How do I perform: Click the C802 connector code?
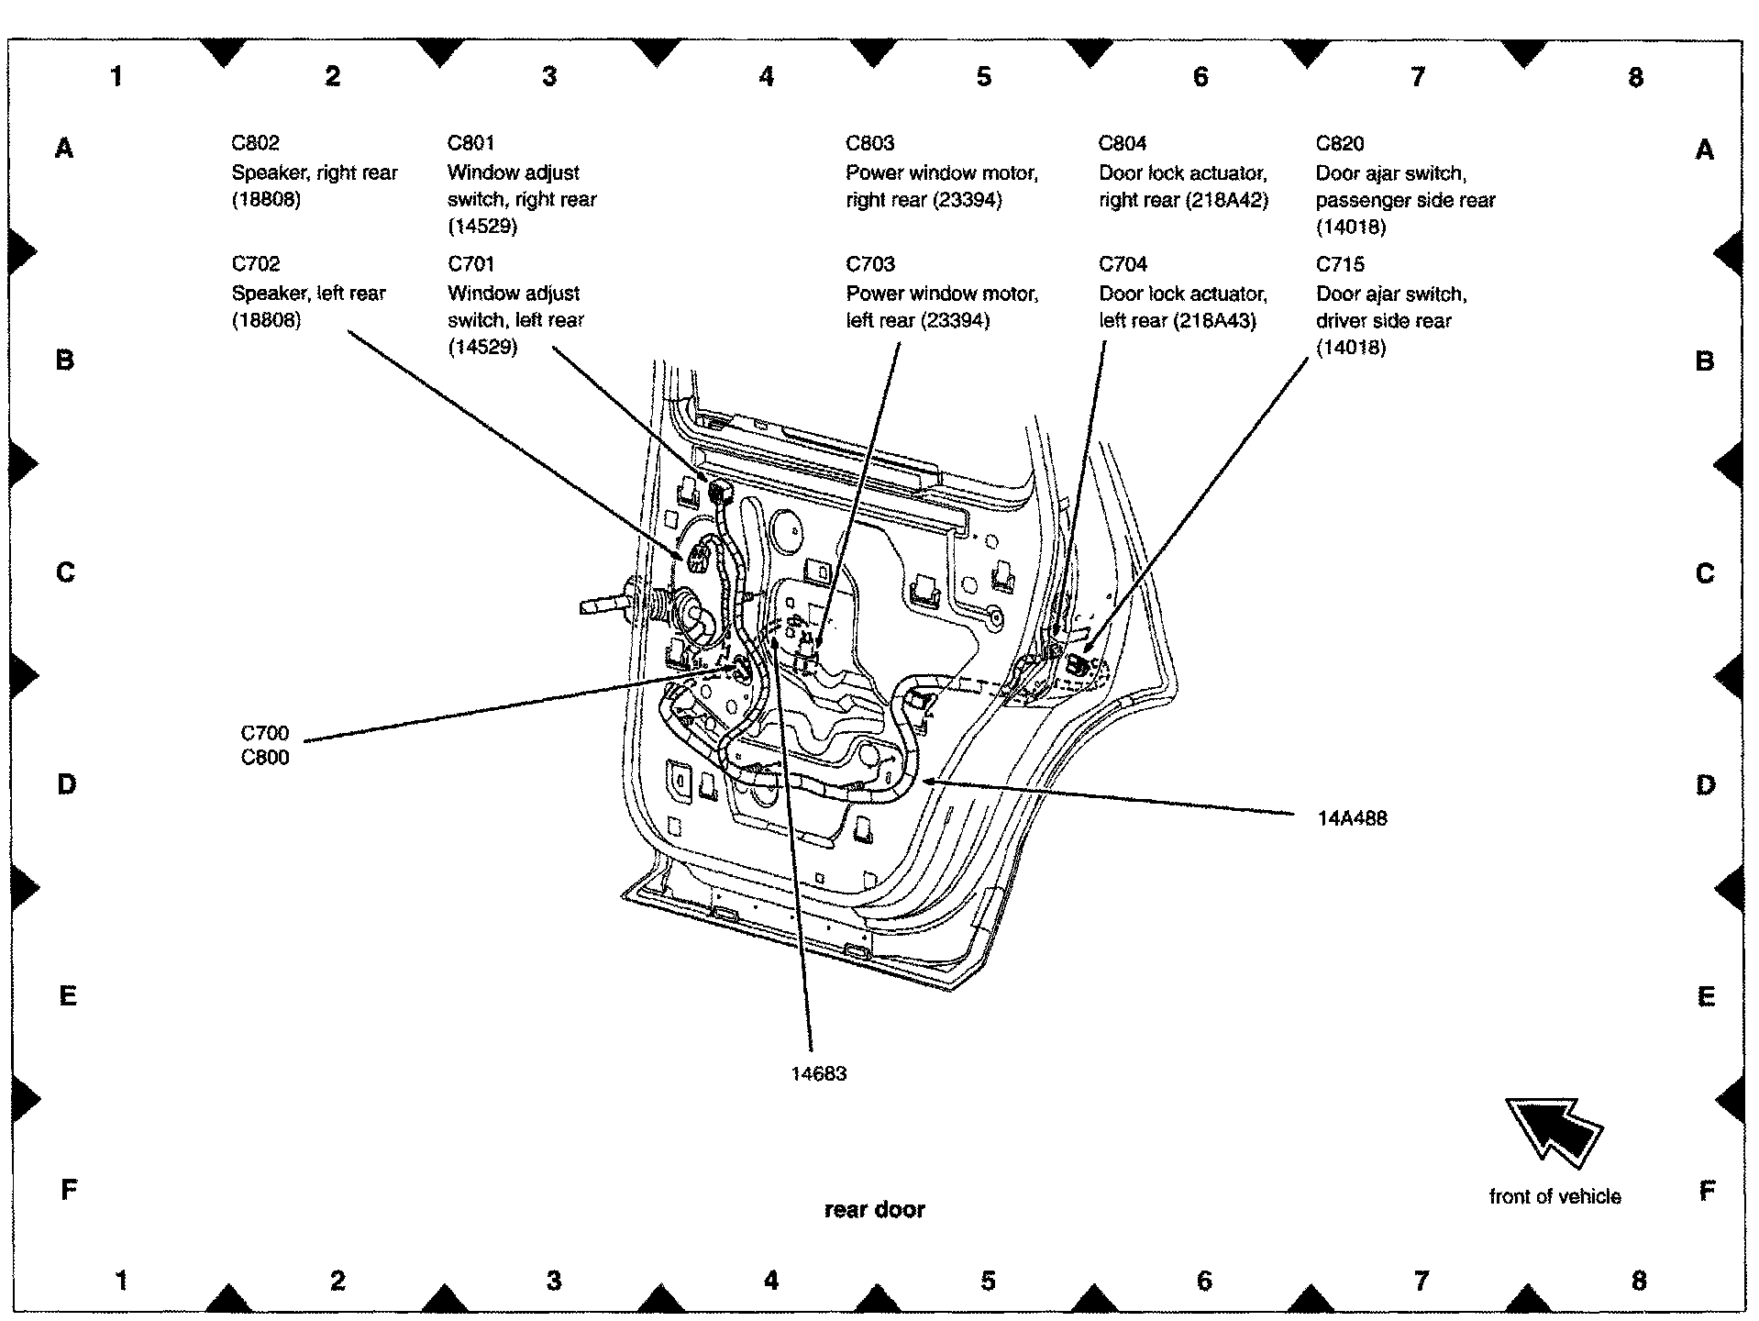coord(255,143)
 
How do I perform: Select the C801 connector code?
coord(471,143)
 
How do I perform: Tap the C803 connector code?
coord(869,143)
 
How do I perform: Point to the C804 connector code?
coord(1123,143)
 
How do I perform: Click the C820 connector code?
coord(1340,144)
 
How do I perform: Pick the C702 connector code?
coord(255,264)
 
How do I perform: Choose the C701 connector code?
coord(471,264)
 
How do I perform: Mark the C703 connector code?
coord(869,264)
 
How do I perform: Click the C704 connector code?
coord(1123,264)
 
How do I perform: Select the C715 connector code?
coord(1340,265)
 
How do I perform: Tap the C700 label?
coord(265,733)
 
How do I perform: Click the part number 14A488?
coord(1352,818)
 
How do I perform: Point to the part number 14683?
coord(819,1073)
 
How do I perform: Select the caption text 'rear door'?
coord(875,1209)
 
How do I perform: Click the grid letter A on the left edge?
coord(64,148)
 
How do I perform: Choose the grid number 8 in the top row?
coord(1636,77)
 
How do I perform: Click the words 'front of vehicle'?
coord(1554,1196)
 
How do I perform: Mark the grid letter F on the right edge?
coord(1706,1191)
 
